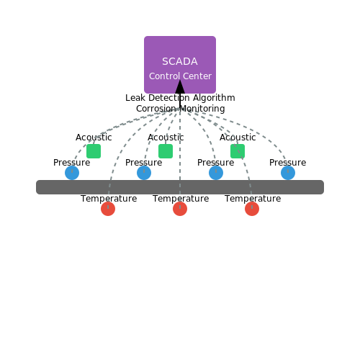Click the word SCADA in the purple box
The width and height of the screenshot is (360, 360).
tap(180, 61)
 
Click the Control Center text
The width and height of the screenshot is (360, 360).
tap(180, 76)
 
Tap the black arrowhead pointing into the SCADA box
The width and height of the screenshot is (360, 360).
tap(180, 86)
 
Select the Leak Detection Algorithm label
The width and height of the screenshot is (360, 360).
tap(180, 98)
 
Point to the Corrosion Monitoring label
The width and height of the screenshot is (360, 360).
tap(180, 109)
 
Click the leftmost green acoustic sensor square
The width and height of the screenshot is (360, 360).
tap(94, 151)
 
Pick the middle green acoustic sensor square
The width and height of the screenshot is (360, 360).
tap(166, 151)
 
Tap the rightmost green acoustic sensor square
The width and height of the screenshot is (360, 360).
tap(238, 151)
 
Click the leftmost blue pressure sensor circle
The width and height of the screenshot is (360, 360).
tap(72, 173)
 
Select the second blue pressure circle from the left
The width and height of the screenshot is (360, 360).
tap(144, 173)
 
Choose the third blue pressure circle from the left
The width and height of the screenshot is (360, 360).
tap(216, 173)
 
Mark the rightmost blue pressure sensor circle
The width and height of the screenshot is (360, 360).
tap(288, 173)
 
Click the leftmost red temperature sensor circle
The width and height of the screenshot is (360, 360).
tap(108, 209)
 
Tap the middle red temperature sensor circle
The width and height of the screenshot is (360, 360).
tap(180, 209)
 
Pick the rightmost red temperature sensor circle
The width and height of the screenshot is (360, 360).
tap(252, 209)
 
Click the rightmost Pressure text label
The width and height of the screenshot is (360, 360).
tap(287, 163)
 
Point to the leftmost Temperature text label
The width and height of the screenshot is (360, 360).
tap(109, 199)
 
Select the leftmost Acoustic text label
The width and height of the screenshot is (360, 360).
tap(94, 138)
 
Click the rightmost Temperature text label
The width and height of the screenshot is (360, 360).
tap(253, 199)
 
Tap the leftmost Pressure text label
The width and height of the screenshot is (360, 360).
tap(71, 163)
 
